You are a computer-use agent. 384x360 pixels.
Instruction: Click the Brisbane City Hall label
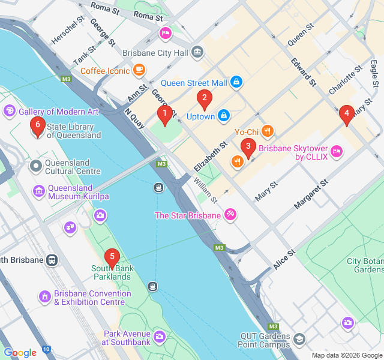[x=155, y=53]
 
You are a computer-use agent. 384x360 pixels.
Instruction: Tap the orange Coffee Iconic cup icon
[x=139, y=71]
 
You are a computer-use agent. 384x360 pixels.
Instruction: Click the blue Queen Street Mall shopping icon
[x=236, y=82]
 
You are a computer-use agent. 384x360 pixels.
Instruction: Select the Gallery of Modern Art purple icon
[x=10, y=112]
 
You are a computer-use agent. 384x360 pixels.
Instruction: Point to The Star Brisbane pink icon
[x=230, y=215]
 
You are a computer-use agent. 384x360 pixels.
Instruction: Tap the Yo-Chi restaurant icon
[x=268, y=131]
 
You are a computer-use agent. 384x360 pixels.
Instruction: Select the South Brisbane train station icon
[x=53, y=260]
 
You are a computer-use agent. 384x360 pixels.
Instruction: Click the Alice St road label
[x=284, y=259]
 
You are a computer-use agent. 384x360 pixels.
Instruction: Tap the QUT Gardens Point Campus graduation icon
[x=299, y=341]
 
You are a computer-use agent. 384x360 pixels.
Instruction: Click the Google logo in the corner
[x=19, y=353]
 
